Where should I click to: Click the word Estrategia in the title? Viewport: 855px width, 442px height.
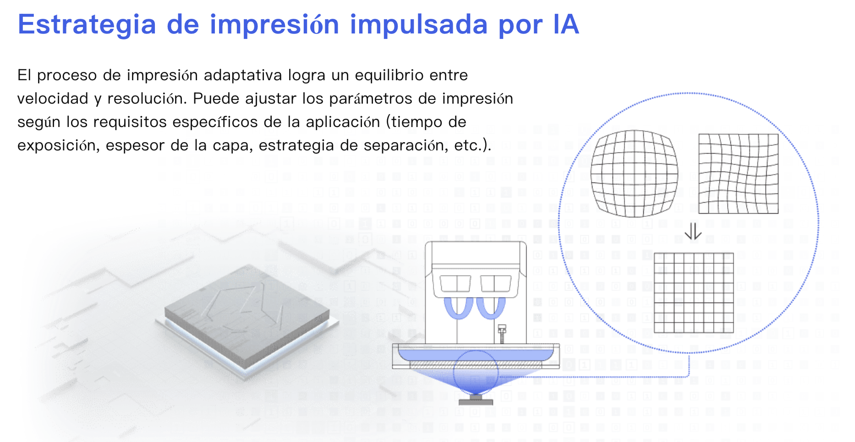(87, 25)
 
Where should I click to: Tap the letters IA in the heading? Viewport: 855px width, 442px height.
(566, 24)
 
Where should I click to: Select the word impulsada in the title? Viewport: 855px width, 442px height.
(419, 25)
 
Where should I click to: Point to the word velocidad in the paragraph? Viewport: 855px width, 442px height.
(53, 99)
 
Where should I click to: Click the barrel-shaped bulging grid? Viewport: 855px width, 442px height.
(635, 174)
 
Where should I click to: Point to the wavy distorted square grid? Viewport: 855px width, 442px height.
(738, 174)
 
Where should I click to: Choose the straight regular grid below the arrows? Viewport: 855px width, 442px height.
(694, 293)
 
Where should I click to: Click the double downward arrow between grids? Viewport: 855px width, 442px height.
(693, 231)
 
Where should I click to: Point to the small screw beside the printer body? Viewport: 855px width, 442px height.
(502, 333)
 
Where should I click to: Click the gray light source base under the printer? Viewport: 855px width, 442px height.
(476, 401)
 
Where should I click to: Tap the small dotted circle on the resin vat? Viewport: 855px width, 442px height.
(476, 372)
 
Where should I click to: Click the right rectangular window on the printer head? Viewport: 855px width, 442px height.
(496, 283)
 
